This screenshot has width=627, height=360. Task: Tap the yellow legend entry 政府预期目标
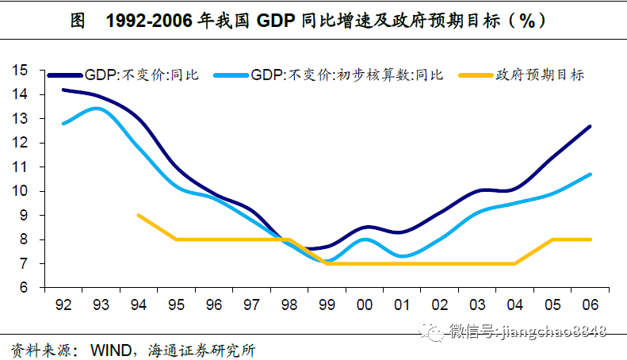coord(540,75)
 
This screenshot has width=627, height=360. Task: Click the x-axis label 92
coord(63,304)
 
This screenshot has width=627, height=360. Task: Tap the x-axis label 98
coord(289,304)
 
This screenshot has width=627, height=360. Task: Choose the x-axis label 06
coord(590,304)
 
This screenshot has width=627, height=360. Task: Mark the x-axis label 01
coord(402,304)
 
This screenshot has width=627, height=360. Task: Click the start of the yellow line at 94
coord(139,215)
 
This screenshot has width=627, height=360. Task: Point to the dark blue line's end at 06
coord(590,127)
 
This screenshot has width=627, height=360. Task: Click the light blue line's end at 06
coord(590,174)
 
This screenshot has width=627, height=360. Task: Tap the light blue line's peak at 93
coord(95,108)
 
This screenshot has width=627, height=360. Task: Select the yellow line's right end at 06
coord(590,239)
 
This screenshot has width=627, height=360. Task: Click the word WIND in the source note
coord(109,349)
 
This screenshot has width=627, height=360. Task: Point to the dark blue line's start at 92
coord(63,90)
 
